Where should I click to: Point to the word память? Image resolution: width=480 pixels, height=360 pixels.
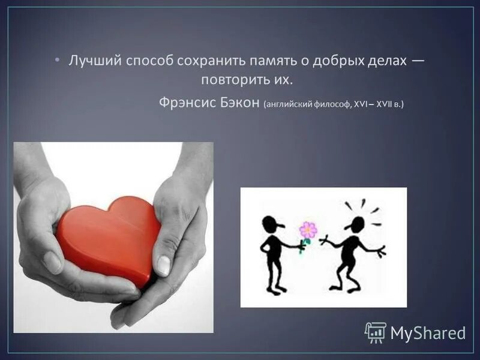[x=259, y=61]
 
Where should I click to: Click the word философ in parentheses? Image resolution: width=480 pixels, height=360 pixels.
[x=329, y=104]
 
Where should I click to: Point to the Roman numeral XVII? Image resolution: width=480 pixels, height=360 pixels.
[x=383, y=104]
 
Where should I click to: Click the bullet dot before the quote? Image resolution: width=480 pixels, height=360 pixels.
[x=57, y=61]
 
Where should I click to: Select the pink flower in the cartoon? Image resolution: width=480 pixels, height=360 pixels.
[x=308, y=229]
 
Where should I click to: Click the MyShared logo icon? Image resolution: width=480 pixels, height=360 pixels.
[x=376, y=332]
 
